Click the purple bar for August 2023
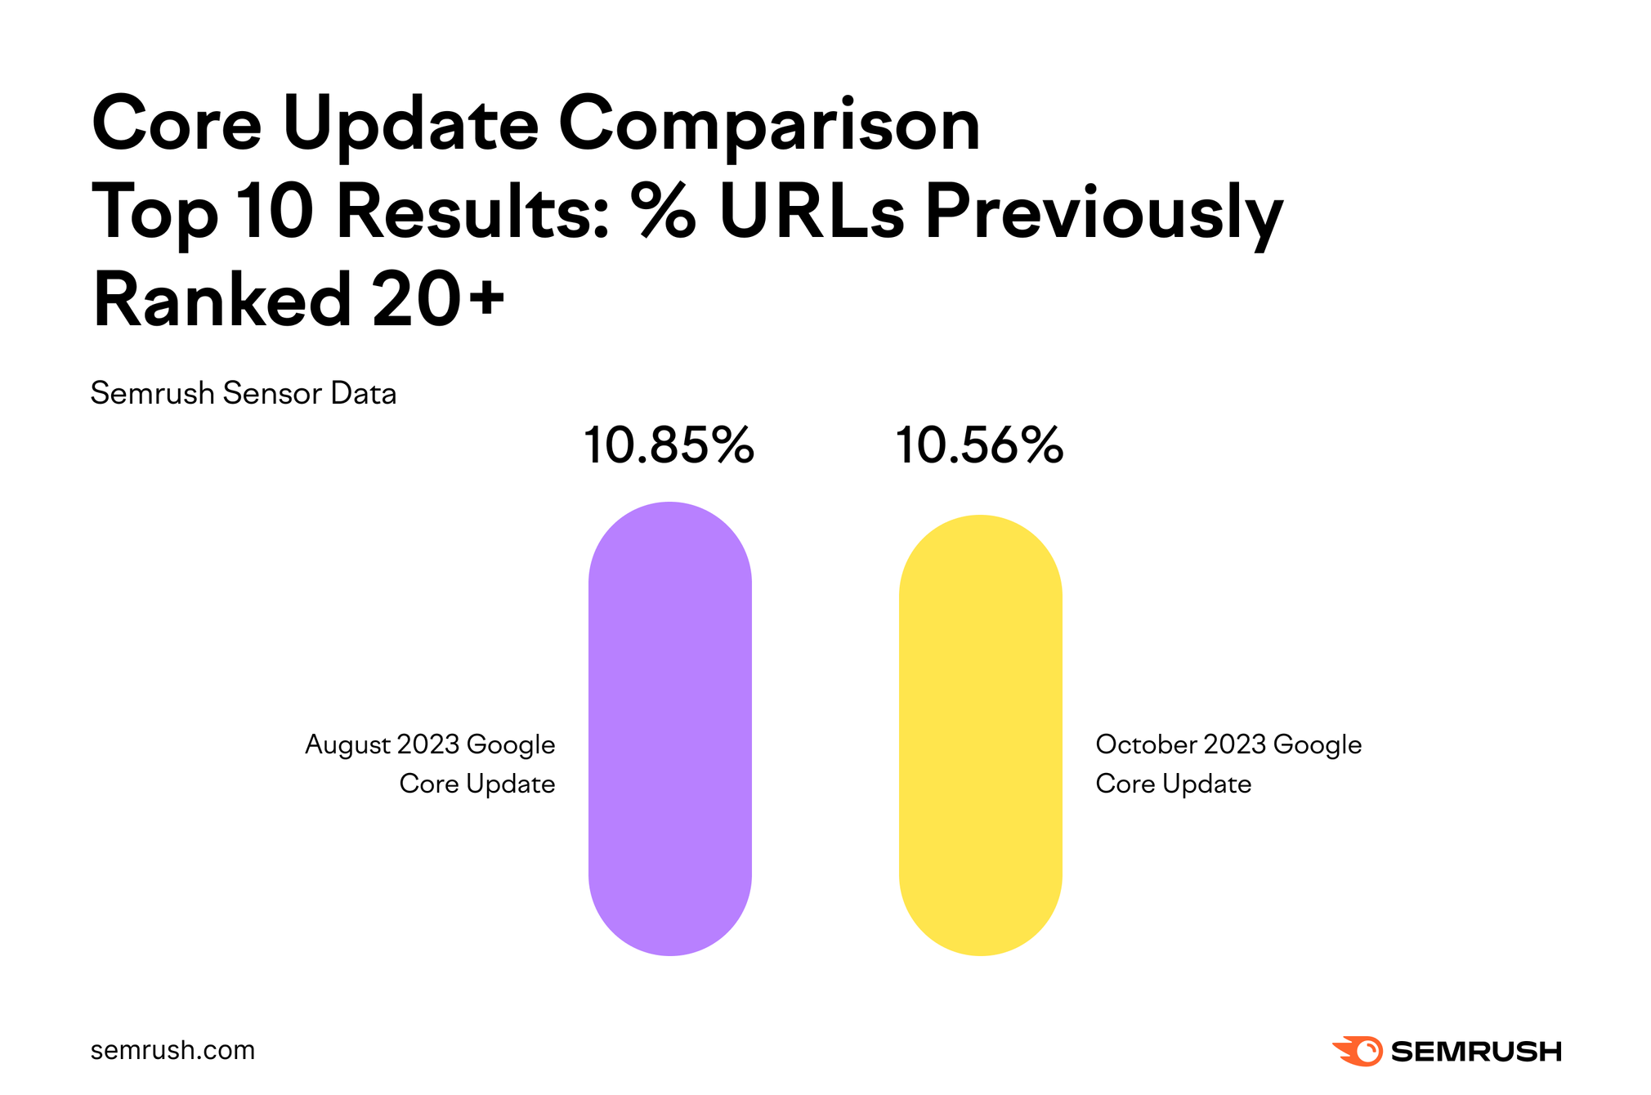click(669, 728)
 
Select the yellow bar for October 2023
click(980, 735)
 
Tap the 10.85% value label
click(669, 446)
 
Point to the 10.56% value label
click(979, 446)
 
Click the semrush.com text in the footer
click(172, 1050)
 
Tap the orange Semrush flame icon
click(1358, 1051)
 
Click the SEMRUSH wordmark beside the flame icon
click(1476, 1052)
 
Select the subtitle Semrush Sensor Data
click(243, 394)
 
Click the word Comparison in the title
click(768, 125)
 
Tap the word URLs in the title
click(811, 211)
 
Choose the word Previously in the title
click(1103, 212)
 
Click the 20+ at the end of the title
click(438, 299)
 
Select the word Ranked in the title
click(222, 299)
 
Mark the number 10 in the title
click(275, 211)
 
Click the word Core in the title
click(177, 125)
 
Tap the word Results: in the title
click(473, 211)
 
